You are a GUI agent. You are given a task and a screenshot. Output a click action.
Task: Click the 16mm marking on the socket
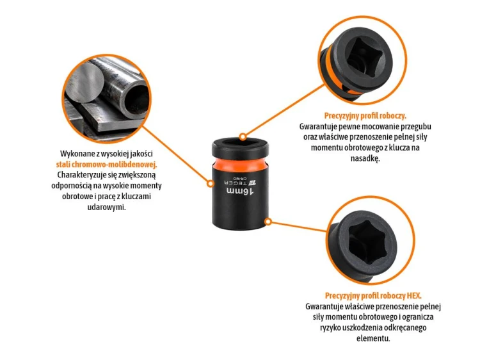click(x=240, y=191)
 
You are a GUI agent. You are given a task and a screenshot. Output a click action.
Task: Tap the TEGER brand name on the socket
click(x=236, y=183)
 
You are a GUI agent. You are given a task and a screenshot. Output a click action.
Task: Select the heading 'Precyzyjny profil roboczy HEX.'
click(x=373, y=296)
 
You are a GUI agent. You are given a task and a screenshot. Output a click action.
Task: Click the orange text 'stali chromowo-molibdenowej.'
click(x=106, y=165)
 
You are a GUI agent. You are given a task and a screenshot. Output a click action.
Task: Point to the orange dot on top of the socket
click(x=243, y=136)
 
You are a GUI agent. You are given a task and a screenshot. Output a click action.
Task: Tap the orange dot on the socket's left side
click(x=210, y=184)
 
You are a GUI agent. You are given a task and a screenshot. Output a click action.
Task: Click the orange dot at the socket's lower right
click(x=268, y=221)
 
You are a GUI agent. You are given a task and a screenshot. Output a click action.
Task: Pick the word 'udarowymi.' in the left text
click(x=106, y=207)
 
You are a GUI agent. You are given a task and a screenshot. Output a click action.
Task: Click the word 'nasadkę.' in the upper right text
click(x=365, y=158)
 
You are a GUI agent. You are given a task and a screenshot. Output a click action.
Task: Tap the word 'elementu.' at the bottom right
click(x=373, y=339)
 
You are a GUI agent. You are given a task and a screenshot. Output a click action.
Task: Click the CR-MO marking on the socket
click(x=239, y=178)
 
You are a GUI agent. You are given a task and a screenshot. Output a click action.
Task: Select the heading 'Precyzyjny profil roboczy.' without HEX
click(x=365, y=116)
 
